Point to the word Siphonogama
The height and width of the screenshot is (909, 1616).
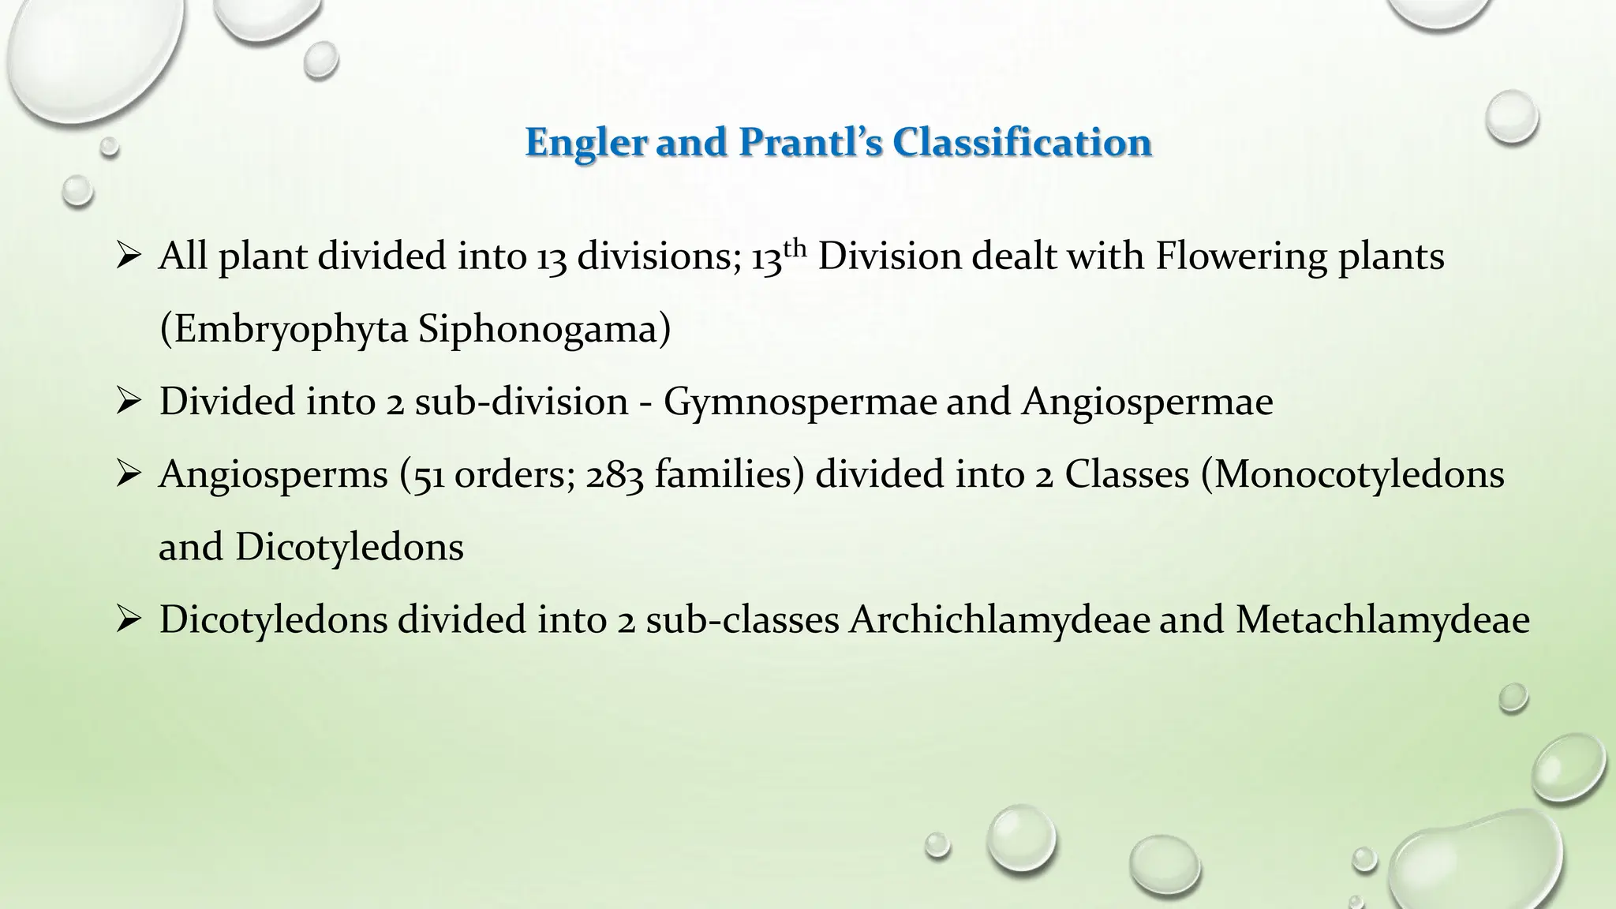(x=544, y=329)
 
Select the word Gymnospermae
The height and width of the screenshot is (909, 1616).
(x=799, y=402)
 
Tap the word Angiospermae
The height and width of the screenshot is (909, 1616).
(x=1147, y=402)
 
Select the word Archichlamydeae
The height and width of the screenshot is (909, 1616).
(x=1000, y=620)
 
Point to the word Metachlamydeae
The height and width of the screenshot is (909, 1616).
(x=1382, y=620)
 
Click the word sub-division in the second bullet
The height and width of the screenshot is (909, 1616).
(x=521, y=402)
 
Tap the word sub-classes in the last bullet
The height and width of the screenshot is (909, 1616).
(x=742, y=620)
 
